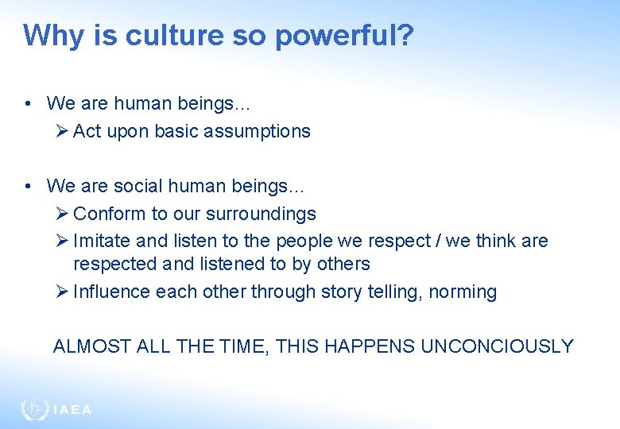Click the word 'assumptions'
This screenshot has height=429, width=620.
(x=259, y=131)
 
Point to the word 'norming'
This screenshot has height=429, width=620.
(x=463, y=292)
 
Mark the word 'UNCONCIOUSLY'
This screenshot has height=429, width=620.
(x=497, y=346)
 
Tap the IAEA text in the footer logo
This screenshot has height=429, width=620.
(x=72, y=410)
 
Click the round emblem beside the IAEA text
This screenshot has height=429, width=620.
(x=34, y=409)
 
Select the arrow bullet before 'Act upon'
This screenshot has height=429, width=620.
(x=64, y=131)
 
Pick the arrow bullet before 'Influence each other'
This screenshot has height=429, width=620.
(x=64, y=292)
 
